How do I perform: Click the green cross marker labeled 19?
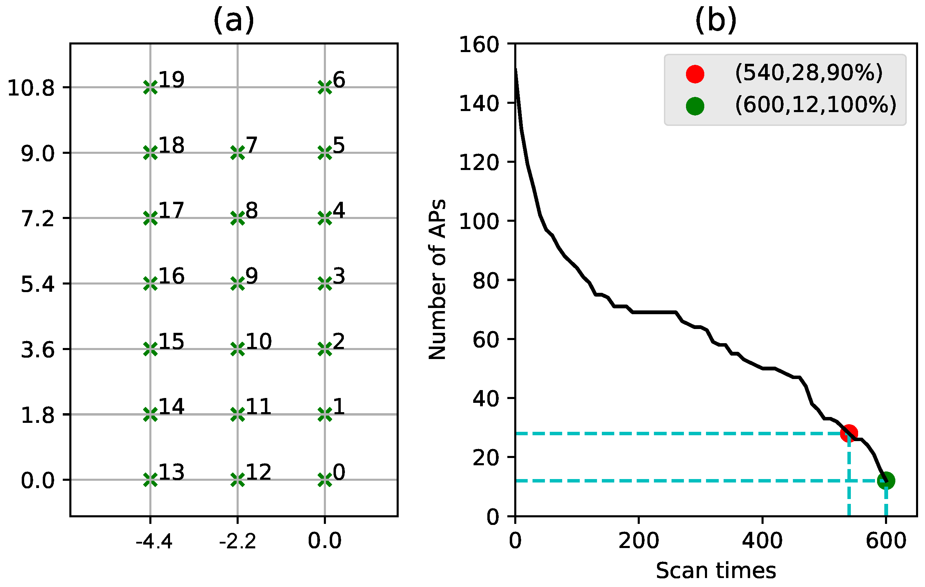150,87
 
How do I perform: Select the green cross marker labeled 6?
325,87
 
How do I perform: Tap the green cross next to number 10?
237,349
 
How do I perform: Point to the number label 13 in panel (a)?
171,472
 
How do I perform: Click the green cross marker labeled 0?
325,480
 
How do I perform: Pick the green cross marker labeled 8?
237,218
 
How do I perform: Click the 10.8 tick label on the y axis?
31,88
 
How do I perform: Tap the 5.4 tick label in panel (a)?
38,284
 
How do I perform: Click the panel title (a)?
233,20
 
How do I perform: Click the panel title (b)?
716,20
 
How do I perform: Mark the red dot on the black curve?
849,433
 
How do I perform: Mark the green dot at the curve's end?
886,480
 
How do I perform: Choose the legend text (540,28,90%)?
809,73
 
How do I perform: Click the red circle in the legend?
695,74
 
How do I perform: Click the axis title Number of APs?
438,279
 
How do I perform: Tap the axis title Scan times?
716,570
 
